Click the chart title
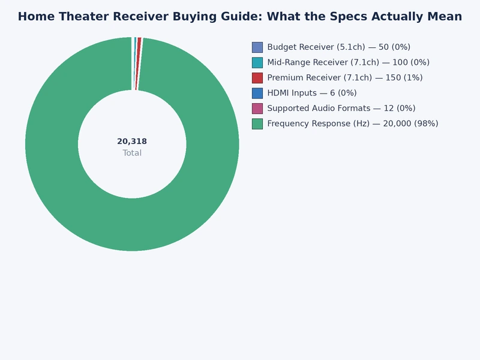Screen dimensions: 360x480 tap(240, 17)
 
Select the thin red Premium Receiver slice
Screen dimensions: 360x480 tap(139, 64)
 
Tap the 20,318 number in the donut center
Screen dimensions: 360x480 tap(132, 142)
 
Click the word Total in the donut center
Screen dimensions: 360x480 tap(132, 153)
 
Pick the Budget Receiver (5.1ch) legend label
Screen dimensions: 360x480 tap(338, 47)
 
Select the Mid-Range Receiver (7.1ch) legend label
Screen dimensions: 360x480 tap(348, 62)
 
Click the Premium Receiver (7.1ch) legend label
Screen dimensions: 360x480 tap(344, 77)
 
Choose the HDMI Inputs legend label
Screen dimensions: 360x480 tap(311, 93)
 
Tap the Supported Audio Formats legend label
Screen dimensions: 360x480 tap(341, 108)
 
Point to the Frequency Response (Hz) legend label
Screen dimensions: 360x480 tap(352, 124)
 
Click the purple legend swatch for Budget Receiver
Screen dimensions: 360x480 tap(257, 47)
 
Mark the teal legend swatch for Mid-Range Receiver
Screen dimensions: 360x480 tap(257, 62)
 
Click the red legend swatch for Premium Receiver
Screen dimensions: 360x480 tap(257, 77)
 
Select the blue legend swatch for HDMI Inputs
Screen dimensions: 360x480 tap(257, 93)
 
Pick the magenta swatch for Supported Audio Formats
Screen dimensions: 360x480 tap(257, 108)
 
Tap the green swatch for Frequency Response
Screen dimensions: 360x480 tap(257, 124)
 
